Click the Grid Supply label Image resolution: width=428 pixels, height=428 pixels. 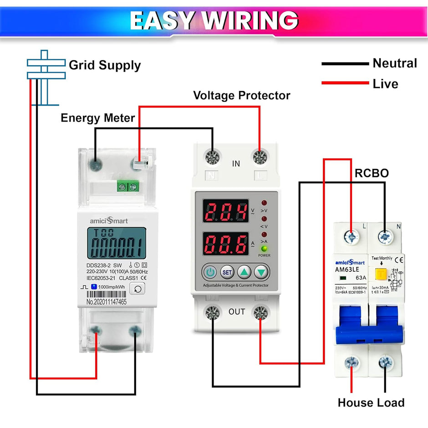point(105,65)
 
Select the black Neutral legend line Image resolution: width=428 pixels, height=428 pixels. point(345,64)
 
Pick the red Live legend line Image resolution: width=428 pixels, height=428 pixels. point(345,83)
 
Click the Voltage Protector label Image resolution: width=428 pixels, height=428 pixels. point(241,96)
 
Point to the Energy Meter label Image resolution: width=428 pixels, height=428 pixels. point(97,118)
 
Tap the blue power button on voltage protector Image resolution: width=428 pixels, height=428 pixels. point(210,272)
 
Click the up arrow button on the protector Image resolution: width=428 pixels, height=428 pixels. point(245,272)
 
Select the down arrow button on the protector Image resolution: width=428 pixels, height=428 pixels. point(262,272)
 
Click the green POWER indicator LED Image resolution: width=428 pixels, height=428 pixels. point(264,249)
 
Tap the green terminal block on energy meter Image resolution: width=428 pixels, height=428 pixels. point(128,186)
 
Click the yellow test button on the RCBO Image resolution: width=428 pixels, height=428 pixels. point(379,274)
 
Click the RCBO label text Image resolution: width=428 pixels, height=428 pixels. point(371,173)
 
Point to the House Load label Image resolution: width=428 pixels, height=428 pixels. point(371,403)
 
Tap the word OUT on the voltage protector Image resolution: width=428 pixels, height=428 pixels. point(237,312)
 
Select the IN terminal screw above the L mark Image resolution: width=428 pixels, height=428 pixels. point(260,158)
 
